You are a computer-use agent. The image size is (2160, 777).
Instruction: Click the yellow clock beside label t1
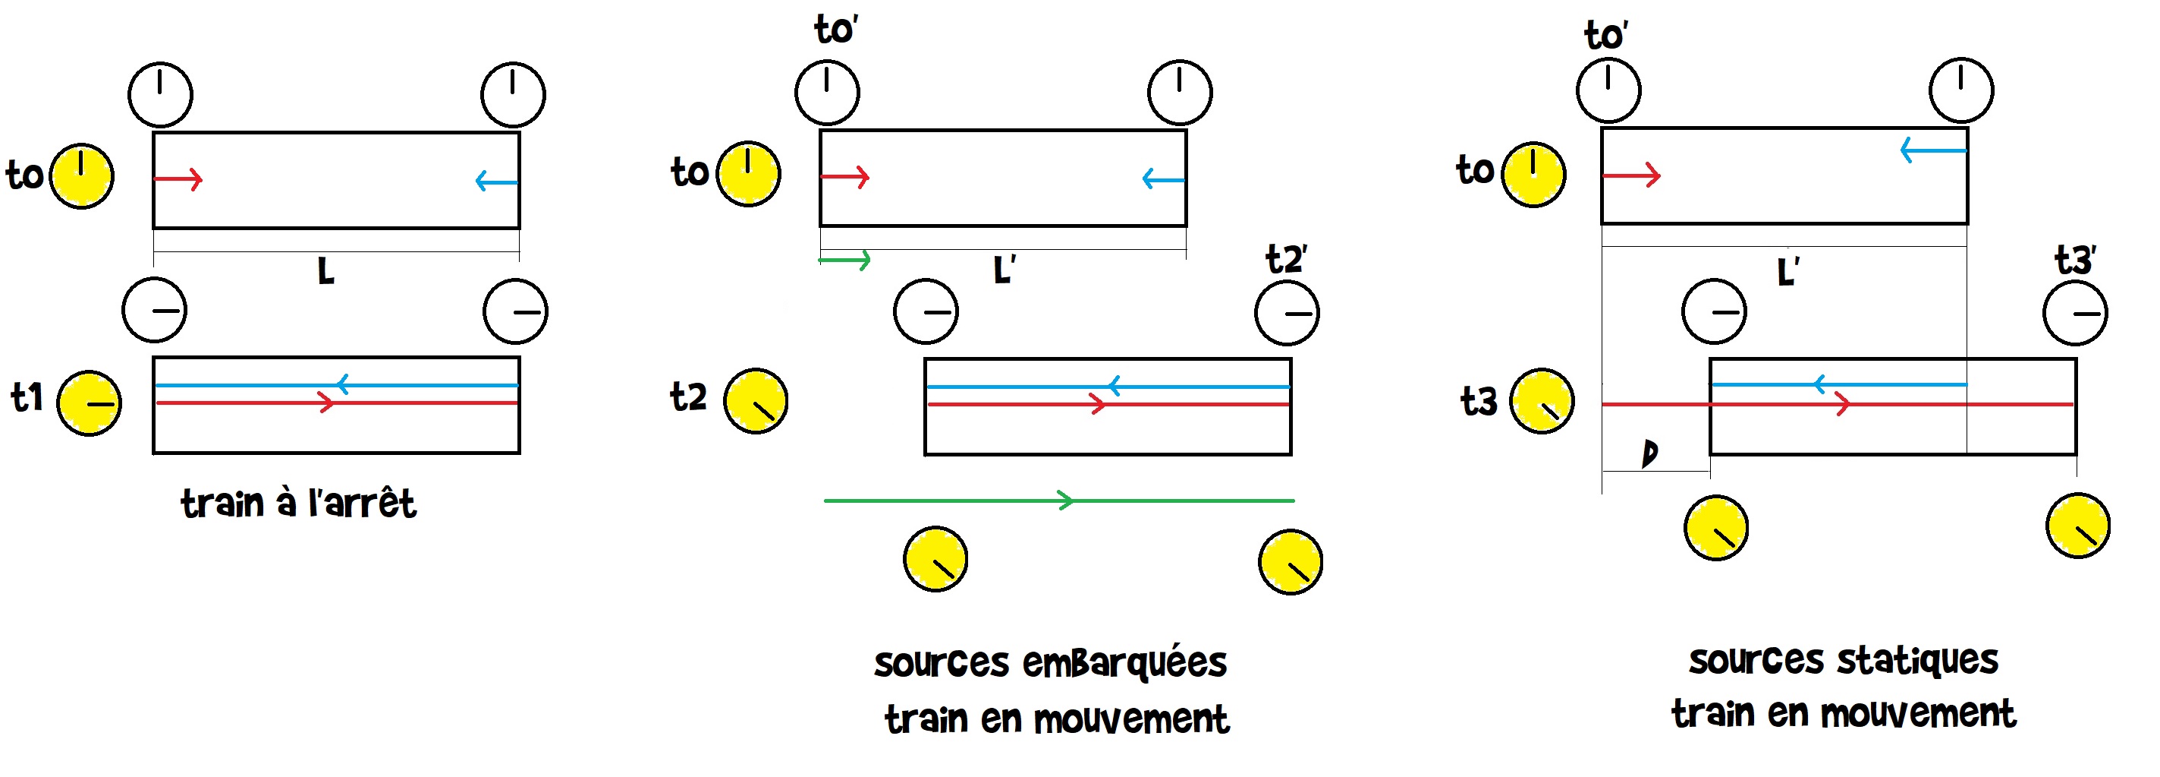pos(89,403)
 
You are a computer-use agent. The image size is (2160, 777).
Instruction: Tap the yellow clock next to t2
pos(756,401)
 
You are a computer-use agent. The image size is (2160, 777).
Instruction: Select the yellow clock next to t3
pos(1542,401)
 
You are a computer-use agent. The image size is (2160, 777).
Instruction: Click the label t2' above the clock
pos(1286,259)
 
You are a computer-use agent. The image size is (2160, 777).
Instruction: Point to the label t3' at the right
pos(2075,260)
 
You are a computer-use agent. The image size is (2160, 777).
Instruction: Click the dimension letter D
pos(1649,454)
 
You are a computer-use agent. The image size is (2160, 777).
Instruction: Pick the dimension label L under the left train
pos(326,271)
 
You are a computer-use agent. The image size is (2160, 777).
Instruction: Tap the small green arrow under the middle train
pos(845,260)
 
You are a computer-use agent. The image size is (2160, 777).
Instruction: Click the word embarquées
pos(1125,663)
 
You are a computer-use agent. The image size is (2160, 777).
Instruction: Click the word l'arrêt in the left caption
pos(362,503)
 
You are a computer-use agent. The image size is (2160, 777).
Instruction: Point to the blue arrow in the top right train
pos(1932,150)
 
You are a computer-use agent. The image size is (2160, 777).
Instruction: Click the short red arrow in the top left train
pos(178,178)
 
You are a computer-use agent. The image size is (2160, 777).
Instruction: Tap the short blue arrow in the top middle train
pos(1164,178)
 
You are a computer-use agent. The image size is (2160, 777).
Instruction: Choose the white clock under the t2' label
pos(1287,314)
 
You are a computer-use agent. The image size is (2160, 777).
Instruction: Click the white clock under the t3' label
pos(2075,314)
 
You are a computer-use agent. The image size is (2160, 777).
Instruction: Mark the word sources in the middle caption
pos(942,663)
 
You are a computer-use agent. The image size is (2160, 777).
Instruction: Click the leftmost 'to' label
pos(25,175)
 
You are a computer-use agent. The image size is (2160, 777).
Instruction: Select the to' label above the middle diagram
pos(836,30)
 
